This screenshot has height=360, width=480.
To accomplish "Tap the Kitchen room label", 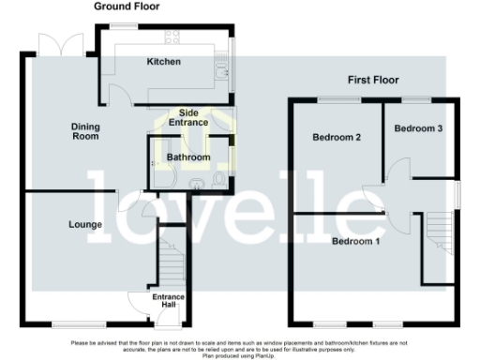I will [x=163, y=63].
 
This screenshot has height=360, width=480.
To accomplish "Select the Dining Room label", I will [x=85, y=131].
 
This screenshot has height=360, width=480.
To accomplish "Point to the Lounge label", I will [x=84, y=225].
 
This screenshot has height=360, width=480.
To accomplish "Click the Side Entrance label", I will [x=188, y=117].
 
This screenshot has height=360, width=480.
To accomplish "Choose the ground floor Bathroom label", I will [x=187, y=157].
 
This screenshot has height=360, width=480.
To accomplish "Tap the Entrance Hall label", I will [x=169, y=301].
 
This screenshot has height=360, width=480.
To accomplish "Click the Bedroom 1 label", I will [x=356, y=242].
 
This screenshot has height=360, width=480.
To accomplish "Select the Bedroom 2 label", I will [x=337, y=138].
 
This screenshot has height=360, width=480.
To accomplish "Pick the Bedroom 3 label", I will [x=418, y=127].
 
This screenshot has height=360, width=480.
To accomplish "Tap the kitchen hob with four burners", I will [x=172, y=38].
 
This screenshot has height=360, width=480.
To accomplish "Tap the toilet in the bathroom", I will [x=217, y=178].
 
